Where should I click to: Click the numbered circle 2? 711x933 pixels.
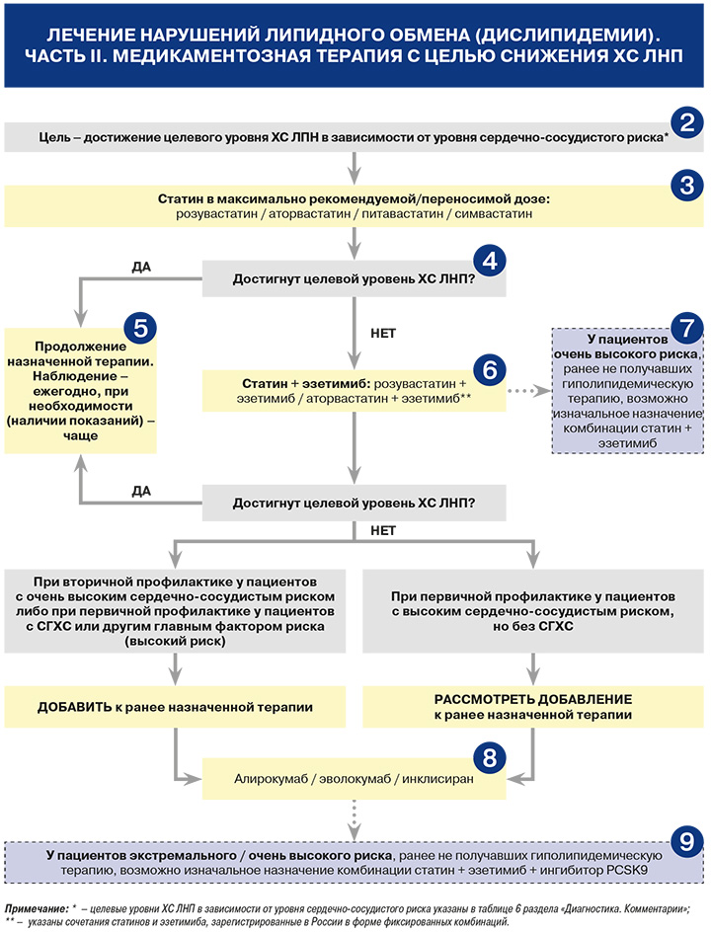687,122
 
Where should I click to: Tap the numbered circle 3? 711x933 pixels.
687,185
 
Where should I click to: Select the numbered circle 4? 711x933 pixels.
490,261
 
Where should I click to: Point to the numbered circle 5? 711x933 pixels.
140,328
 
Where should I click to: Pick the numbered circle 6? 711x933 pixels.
490,369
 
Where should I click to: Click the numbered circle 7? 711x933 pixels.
687,328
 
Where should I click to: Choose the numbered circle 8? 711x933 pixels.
490,758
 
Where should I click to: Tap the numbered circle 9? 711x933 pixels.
687,841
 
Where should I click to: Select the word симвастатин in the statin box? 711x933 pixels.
493,213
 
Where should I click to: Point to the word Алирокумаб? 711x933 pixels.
271,779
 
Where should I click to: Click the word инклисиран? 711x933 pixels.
437,779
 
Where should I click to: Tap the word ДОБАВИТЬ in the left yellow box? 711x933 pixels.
74,707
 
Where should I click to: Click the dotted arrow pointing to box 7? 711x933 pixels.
529,391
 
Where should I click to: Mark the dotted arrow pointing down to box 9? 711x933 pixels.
354,819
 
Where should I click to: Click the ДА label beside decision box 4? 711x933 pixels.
141,267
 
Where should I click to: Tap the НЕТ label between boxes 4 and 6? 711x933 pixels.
383,334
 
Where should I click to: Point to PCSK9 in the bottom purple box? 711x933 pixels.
627,870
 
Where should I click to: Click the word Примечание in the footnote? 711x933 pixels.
37,908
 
